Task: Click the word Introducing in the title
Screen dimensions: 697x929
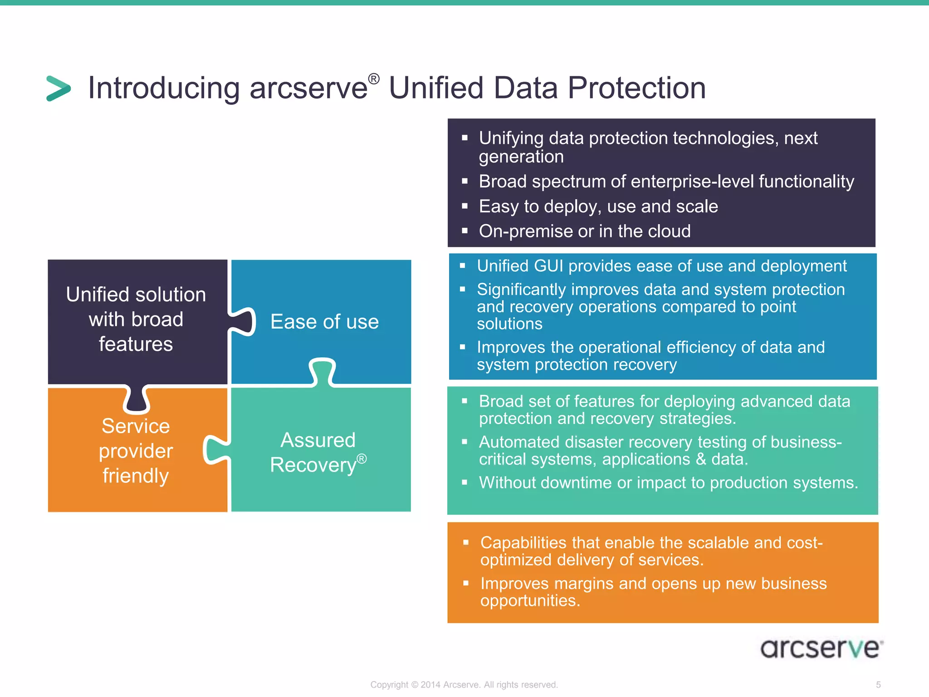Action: [x=163, y=88]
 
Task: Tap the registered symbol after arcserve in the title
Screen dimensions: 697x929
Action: [x=373, y=79]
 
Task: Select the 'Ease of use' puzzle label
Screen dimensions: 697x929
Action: [x=324, y=322]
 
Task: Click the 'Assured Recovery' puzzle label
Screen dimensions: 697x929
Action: [x=318, y=452]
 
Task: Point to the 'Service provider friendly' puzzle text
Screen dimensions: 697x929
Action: [x=136, y=451]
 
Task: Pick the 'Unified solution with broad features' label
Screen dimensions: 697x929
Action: [x=136, y=319]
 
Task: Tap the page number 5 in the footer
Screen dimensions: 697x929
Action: [x=878, y=684]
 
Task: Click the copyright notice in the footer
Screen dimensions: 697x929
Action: [x=464, y=684]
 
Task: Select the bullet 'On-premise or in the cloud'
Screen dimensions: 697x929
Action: [x=584, y=231]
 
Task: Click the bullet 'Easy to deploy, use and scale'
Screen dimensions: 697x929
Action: [x=598, y=206]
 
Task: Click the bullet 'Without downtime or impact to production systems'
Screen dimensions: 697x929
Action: [x=668, y=483]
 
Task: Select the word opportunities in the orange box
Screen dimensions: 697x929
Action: [x=529, y=601]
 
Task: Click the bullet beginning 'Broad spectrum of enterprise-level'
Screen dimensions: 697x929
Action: [x=666, y=182]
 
